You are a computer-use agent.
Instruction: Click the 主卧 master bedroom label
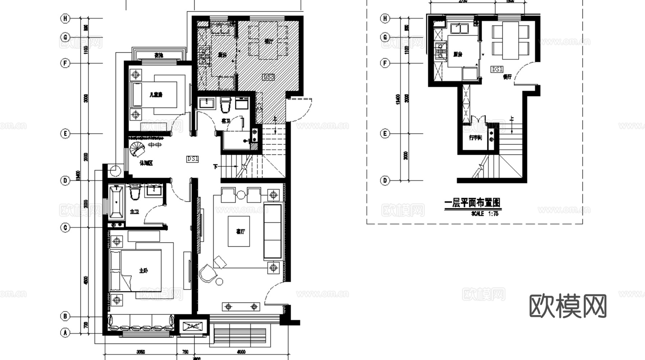144,270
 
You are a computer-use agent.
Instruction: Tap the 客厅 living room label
240,232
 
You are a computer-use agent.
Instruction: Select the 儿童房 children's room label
156,95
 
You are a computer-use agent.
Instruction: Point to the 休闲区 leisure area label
146,163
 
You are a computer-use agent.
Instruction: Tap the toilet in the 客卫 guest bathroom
225,105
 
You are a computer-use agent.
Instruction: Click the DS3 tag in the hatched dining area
269,77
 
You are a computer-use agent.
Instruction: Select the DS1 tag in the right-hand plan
497,69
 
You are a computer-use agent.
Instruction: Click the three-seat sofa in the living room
273,231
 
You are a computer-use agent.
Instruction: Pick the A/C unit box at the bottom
193,327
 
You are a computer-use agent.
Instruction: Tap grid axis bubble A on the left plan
65,333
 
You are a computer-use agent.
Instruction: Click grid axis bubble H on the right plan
385,18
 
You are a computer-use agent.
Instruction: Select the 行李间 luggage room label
475,138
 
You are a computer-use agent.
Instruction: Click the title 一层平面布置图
472,203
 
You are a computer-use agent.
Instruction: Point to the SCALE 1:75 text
485,214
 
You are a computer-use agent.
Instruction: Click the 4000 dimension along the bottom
241,352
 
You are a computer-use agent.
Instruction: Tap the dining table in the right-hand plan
510,40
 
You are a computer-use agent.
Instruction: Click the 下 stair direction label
215,167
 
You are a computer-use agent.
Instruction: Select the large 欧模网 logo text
568,306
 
